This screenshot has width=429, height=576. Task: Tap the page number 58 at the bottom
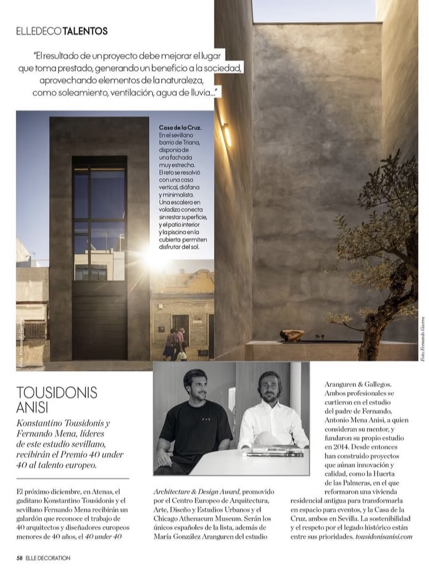[x=19, y=558]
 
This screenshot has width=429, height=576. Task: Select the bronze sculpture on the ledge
[x=292, y=336]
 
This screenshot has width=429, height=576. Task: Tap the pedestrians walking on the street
[x=175, y=343]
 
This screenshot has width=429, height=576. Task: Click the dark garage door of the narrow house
[x=99, y=317]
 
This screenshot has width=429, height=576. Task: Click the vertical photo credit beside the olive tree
[x=422, y=338]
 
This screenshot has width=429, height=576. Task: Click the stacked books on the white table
[x=274, y=451]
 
